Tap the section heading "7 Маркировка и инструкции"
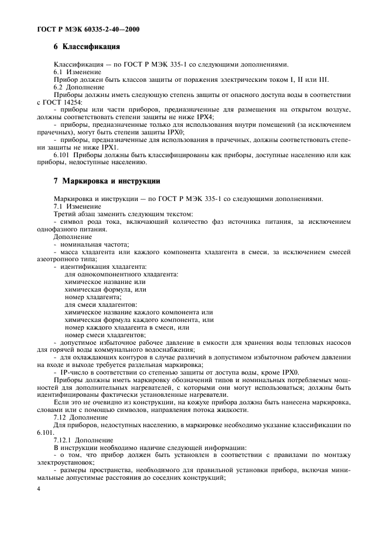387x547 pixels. [107, 182]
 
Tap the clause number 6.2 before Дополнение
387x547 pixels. [59, 86]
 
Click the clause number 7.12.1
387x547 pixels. [64, 439]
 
